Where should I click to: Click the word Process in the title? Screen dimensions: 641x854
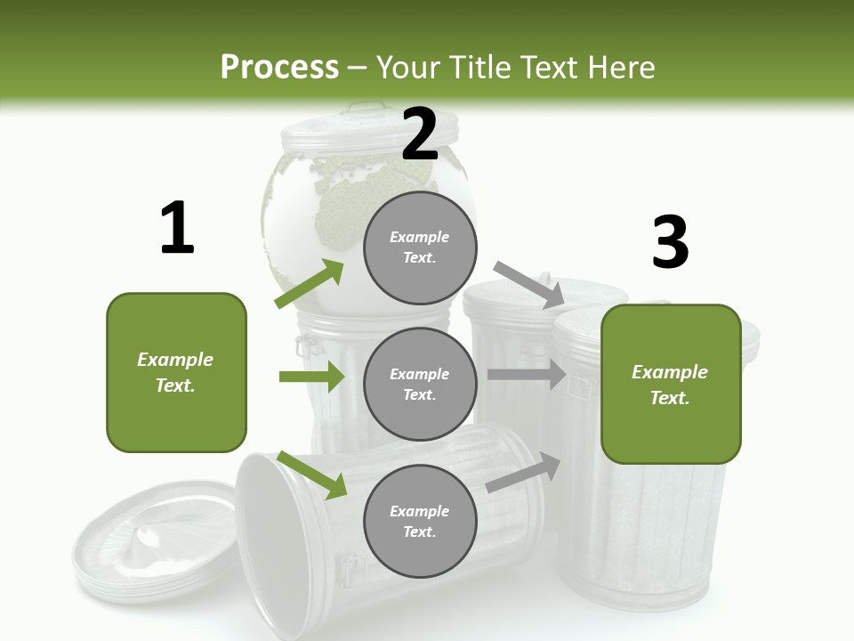279,68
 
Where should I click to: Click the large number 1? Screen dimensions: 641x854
177,229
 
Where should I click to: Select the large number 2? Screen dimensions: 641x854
420,134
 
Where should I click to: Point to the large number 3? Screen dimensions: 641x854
670,242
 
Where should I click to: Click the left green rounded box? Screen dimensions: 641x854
176,372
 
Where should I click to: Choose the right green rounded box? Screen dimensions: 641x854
671,384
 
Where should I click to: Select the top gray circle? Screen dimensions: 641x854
420,247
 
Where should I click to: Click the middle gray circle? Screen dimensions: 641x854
420,384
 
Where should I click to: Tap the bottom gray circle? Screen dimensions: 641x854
420,521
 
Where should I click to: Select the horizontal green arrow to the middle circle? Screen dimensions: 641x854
311,377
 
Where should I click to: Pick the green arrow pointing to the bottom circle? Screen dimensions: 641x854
311,475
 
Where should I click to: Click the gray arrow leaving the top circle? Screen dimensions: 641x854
528,284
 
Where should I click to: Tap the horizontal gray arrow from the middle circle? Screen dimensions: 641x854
526,375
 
